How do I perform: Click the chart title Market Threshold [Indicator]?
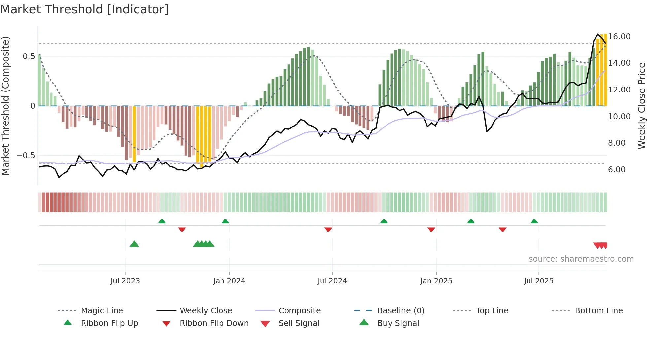[x=85, y=9]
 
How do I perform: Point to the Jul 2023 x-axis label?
[x=125, y=281]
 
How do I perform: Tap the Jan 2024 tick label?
[x=229, y=281]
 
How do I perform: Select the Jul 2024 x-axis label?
[x=332, y=281]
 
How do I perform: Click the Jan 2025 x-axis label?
[x=436, y=281]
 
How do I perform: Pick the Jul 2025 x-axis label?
[x=538, y=281]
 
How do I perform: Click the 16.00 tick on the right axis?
[x=619, y=37]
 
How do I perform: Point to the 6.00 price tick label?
[x=617, y=170]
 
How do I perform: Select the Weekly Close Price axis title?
[x=641, y=106]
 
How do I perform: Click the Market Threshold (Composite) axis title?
[x=5, y=106]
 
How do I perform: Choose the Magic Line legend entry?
[x=102, y=311]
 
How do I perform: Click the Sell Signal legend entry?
[x=299, y=323]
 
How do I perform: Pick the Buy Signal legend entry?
[x=398, y=323]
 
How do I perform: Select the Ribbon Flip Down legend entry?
[x=214, y=323]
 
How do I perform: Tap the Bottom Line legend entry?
[x=598, y=311]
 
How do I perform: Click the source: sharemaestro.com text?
[x=581, y=259]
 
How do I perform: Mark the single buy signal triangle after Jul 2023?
[x=134, y=244]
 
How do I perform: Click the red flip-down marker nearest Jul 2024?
[x=328, y=229]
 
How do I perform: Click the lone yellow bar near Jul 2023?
[x=134, y=134]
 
